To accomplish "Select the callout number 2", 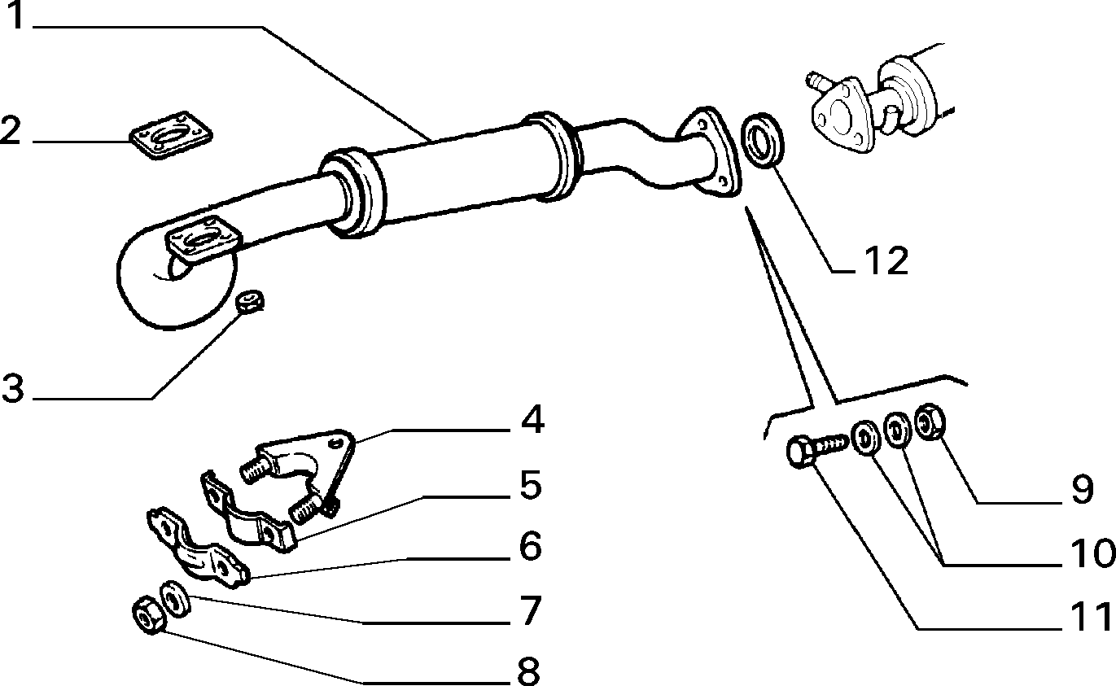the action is pos(11,130).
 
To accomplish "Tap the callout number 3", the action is pos(13,388).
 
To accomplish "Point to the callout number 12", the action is pos(886,260).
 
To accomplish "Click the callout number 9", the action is pos(1082,490).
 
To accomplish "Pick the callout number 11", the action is pos(1091,617).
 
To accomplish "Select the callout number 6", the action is pos(530,546).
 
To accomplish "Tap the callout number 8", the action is pos(528,671).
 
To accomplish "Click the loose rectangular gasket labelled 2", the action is pos(171,135).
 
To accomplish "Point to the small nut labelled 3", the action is pos(250,301).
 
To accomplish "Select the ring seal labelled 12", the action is pos(762,141).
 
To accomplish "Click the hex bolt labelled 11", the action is pos(816,450).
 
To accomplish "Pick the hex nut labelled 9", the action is pos(930,422).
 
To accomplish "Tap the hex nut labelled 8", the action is pos(147,614).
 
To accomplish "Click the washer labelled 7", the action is pos(174,599).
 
